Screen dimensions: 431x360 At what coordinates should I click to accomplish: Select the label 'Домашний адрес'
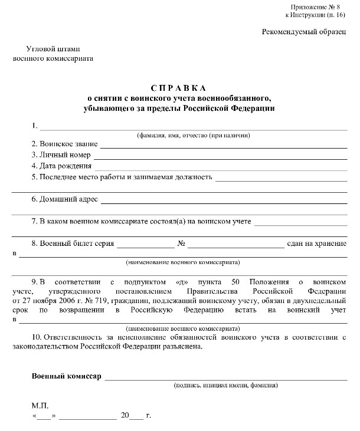[x=64, y=199]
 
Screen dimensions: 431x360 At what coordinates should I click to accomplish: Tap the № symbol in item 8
[x=182, y=243]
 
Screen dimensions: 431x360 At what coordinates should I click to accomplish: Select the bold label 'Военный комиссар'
[x=66, y=376]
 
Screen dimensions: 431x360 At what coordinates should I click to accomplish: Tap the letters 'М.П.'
[x=41, y=406]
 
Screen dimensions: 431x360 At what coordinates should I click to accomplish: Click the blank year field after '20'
[x=137, y=417]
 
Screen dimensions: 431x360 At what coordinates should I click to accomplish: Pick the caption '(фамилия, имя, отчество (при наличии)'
[x=194, y=135]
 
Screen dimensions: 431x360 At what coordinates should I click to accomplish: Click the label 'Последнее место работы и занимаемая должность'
[x=122, y=177]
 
